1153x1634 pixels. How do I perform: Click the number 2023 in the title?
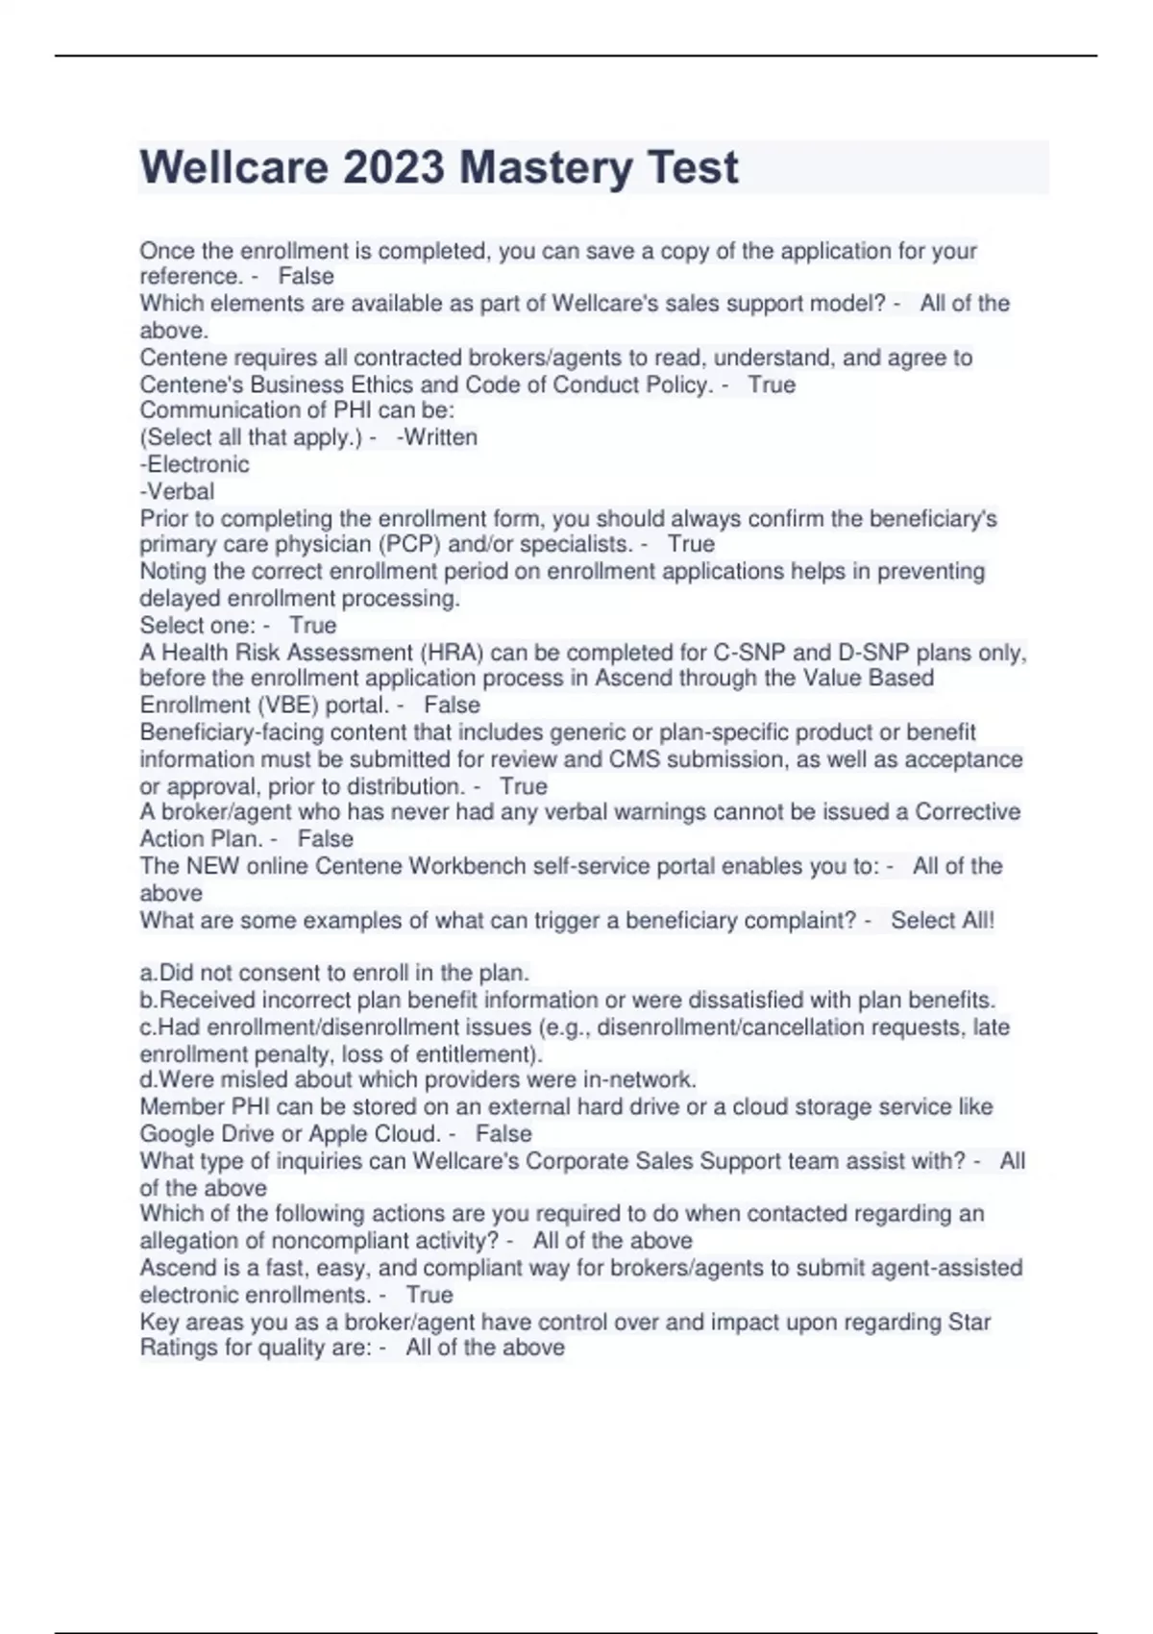coord(394,167)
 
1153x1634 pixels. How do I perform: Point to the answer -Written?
coord(437,437)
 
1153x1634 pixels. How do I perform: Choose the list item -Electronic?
coord(195,464)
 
